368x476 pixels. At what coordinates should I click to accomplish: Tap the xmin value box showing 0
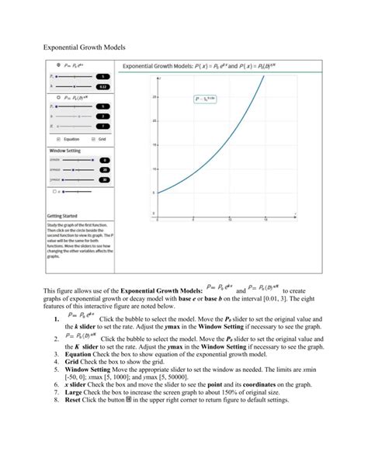(104, 160)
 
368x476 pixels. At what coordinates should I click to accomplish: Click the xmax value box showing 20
(104, 169)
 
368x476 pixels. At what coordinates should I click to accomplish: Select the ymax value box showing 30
(104, 179)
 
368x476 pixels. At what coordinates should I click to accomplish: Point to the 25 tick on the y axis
(155, 97)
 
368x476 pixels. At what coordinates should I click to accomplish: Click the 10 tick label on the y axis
(155, 169)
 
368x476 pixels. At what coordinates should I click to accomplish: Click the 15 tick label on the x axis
(265, 221)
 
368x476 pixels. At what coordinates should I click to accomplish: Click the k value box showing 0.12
(104, 86)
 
